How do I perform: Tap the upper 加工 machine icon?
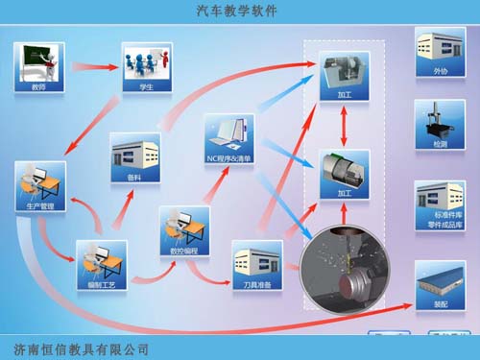click(344, 73)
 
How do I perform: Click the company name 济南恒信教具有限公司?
click(77, 348)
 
